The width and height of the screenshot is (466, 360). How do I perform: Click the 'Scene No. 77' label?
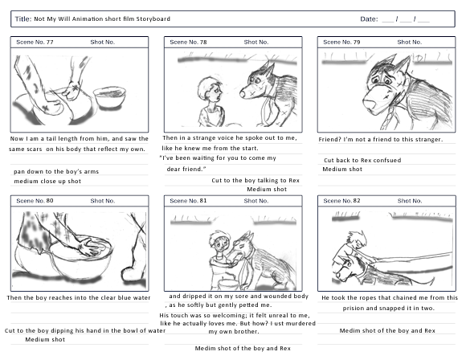tap(35, 43)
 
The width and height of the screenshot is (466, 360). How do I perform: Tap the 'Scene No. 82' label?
tap(341, 201)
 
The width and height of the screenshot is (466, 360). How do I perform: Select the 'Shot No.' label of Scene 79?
tap(410, 43)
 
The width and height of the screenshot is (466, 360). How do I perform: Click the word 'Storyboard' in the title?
tap(153, 18)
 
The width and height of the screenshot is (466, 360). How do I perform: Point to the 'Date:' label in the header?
tap(369, 19)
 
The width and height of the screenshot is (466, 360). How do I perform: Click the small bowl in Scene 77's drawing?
tap(109, 96)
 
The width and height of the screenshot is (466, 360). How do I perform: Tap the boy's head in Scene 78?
tap(211, 89)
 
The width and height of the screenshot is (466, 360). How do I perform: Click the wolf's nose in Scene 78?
tap(243, 94)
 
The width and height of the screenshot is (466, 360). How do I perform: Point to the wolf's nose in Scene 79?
tap(370, 104)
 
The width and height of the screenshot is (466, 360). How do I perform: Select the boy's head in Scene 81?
tap(219, 241)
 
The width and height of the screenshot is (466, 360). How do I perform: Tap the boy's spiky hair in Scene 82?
tap(359, 237)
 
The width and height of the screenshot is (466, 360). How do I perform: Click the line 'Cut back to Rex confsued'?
tap(362, 160)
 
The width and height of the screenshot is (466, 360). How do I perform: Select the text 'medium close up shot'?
tap(47, 182)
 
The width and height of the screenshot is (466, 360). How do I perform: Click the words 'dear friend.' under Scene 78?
tap(186, 169)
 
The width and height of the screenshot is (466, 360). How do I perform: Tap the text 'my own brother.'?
tap(234, 331)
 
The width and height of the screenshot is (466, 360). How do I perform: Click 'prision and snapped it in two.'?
tap(388, 309)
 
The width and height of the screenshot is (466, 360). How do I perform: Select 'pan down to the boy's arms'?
tap(56, 171)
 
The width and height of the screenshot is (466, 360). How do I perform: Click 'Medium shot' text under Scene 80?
tap(45, 339)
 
